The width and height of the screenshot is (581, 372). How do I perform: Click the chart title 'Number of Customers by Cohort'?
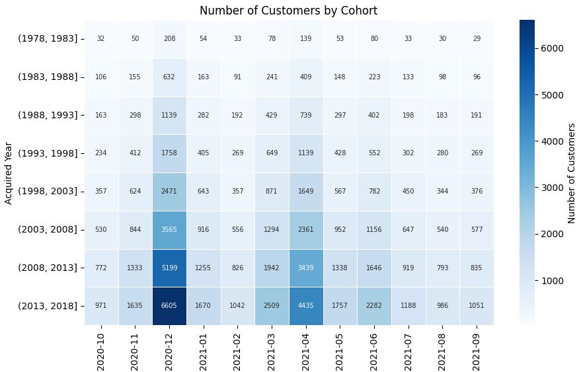pos(289,11)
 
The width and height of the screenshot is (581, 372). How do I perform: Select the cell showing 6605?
pos(170,306)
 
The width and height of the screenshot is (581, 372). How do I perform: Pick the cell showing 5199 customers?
pos(170,268)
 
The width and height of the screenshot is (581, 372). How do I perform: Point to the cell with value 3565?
pos(170,229)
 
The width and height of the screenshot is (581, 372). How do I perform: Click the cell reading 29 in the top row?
pos(477,39)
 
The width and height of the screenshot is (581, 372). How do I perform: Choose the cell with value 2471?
pos(170,191)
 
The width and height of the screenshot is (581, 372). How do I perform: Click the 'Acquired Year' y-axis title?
pos(9,172)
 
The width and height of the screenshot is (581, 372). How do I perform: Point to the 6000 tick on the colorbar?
pos(553,48)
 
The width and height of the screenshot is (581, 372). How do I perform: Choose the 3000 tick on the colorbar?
pos(553,188)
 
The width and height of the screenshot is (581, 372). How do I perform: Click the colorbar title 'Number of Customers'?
pos(572,172)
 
